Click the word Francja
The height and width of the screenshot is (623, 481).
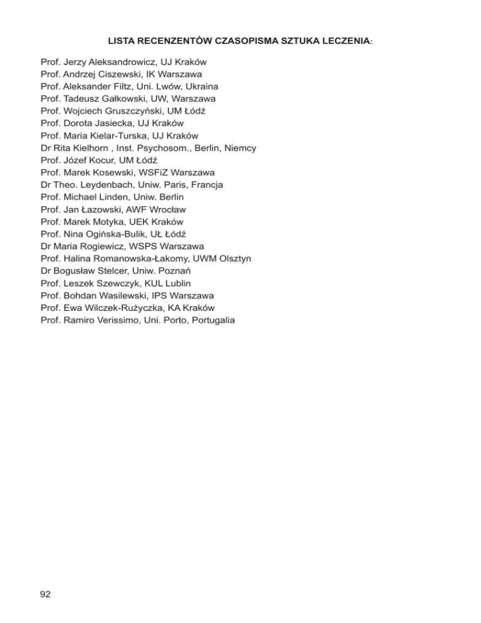205,185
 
